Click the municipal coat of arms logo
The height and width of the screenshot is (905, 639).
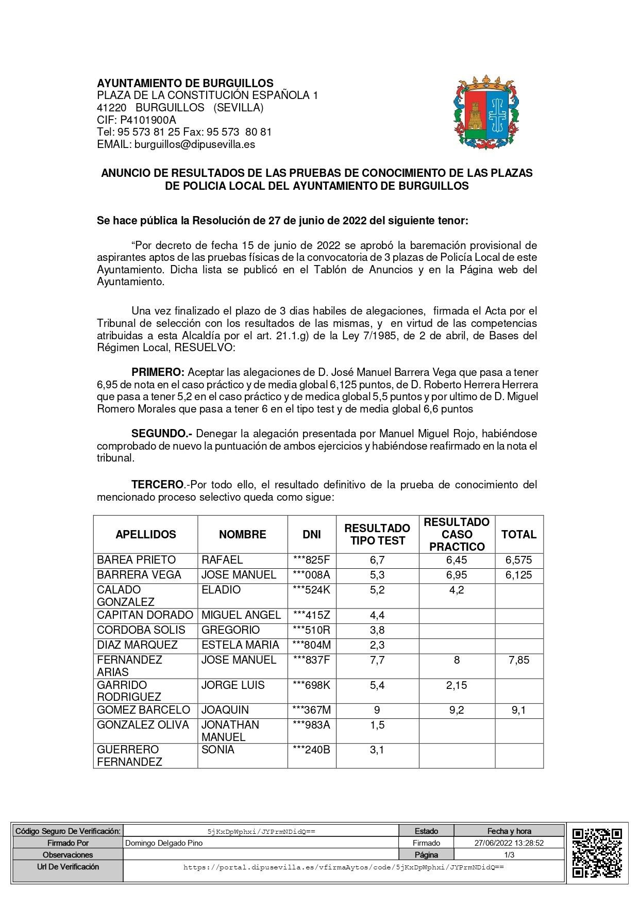point(486,113)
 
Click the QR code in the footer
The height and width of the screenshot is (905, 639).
point(597,852)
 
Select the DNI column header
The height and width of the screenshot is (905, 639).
point(312,535)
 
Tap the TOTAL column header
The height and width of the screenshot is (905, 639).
point(519,535)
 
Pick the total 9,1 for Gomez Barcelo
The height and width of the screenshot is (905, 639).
point(519,710)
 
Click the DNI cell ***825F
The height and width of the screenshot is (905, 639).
point(311,560)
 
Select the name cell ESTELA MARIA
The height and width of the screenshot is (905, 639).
point(240,645)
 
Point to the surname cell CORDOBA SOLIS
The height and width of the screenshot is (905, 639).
point(141,630)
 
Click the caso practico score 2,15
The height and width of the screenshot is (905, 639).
point(457,685)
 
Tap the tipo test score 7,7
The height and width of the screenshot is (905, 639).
point(377,660)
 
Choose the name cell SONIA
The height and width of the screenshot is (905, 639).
point(218,750)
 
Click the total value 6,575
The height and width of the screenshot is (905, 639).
point(519,560)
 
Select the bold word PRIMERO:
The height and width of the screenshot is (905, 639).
point(158,372)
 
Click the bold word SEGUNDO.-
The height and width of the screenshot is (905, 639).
point(162,434)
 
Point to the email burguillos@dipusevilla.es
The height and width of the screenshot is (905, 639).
point(195,144)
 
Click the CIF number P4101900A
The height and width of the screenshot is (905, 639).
point(148,120)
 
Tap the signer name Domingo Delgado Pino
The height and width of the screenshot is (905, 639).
point(164,843)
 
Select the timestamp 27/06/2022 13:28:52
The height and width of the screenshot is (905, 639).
point(509,843)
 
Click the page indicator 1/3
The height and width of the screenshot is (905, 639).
point(509,855)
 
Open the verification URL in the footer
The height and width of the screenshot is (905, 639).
point(344,867)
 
